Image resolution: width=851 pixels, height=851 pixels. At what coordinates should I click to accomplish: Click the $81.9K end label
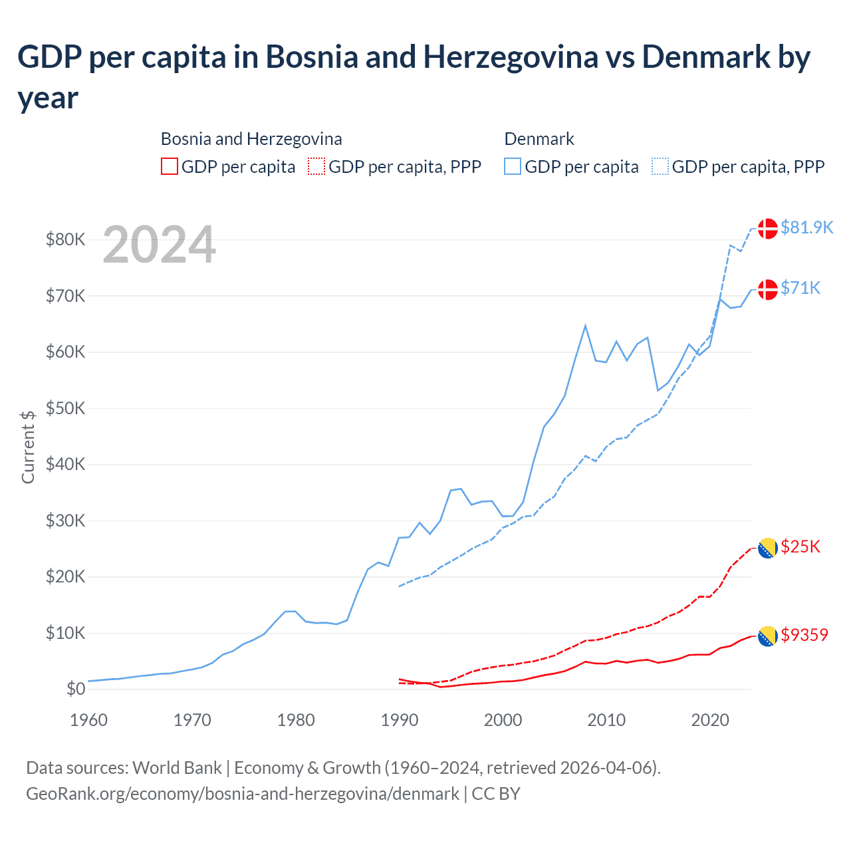(806, 227)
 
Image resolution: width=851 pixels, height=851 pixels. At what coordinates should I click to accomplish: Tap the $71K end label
(800, 288)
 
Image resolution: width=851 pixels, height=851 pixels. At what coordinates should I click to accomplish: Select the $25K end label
(800, 547)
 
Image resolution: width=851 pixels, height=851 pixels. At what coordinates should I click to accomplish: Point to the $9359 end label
(804, 635)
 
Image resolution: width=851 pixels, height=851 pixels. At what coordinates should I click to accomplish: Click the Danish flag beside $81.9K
(768, 228)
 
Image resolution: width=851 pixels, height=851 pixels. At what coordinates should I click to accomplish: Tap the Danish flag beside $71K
(768, 289)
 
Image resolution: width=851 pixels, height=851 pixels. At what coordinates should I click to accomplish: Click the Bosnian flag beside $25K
(768, 548)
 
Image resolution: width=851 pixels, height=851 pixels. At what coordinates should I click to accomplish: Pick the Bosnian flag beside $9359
(768, 636)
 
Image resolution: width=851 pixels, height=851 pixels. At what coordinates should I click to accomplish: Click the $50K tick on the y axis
(65, 408)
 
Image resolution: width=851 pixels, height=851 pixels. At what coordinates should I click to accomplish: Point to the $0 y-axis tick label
(76, 689)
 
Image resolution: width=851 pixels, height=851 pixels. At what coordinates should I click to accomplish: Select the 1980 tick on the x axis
(296, 720)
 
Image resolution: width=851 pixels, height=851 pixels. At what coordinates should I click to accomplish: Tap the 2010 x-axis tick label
(606, 720)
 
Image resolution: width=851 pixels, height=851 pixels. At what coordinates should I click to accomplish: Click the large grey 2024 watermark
(160, 245)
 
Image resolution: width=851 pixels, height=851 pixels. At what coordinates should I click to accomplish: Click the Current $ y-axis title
(28, 447)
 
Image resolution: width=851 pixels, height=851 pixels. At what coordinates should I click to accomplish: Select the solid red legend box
(170, 166)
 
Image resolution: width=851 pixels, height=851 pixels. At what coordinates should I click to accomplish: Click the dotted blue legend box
(660, 166)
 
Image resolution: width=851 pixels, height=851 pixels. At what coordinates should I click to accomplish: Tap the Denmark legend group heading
(539, 139)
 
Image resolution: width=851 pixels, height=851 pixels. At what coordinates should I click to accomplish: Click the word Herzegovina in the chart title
(511, 57)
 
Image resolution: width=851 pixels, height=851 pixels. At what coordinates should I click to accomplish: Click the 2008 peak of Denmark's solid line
(585, 325)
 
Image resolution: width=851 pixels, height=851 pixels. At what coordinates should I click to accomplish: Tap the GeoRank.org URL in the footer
(243, 794)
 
